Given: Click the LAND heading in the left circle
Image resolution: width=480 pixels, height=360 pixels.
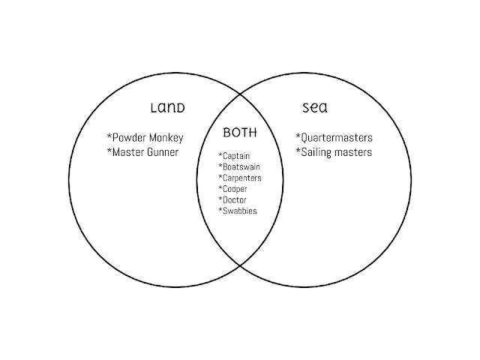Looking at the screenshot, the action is click(x=167, y=107).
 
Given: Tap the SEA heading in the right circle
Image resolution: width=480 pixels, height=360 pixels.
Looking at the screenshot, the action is click(x=314, y=107).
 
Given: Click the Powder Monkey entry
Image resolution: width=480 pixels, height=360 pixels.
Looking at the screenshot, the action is click(x=145, y=138).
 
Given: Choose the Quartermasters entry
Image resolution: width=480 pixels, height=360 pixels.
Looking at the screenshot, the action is click(x=334, y=138).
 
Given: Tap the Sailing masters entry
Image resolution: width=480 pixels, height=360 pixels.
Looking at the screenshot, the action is click(x=334, y=153).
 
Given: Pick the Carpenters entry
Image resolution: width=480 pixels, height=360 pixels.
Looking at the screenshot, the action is click(x=240, y=178).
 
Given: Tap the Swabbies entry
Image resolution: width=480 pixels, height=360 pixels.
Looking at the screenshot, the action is click(x=237, y=211).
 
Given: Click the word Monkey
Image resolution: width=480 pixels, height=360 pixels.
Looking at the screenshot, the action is click(x=164, y=138).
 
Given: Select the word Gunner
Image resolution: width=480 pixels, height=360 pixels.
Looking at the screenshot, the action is click(x=163, y=153).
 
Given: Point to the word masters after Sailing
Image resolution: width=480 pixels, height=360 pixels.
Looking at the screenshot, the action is click(x=352, y=153).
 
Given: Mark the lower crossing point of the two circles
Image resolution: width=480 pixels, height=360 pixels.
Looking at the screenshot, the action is click(x=240, y=265).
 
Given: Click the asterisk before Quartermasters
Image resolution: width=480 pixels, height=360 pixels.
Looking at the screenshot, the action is click(x=298, y=137).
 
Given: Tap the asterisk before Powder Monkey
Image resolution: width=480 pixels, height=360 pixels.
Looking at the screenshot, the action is click(x=109, y=137).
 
